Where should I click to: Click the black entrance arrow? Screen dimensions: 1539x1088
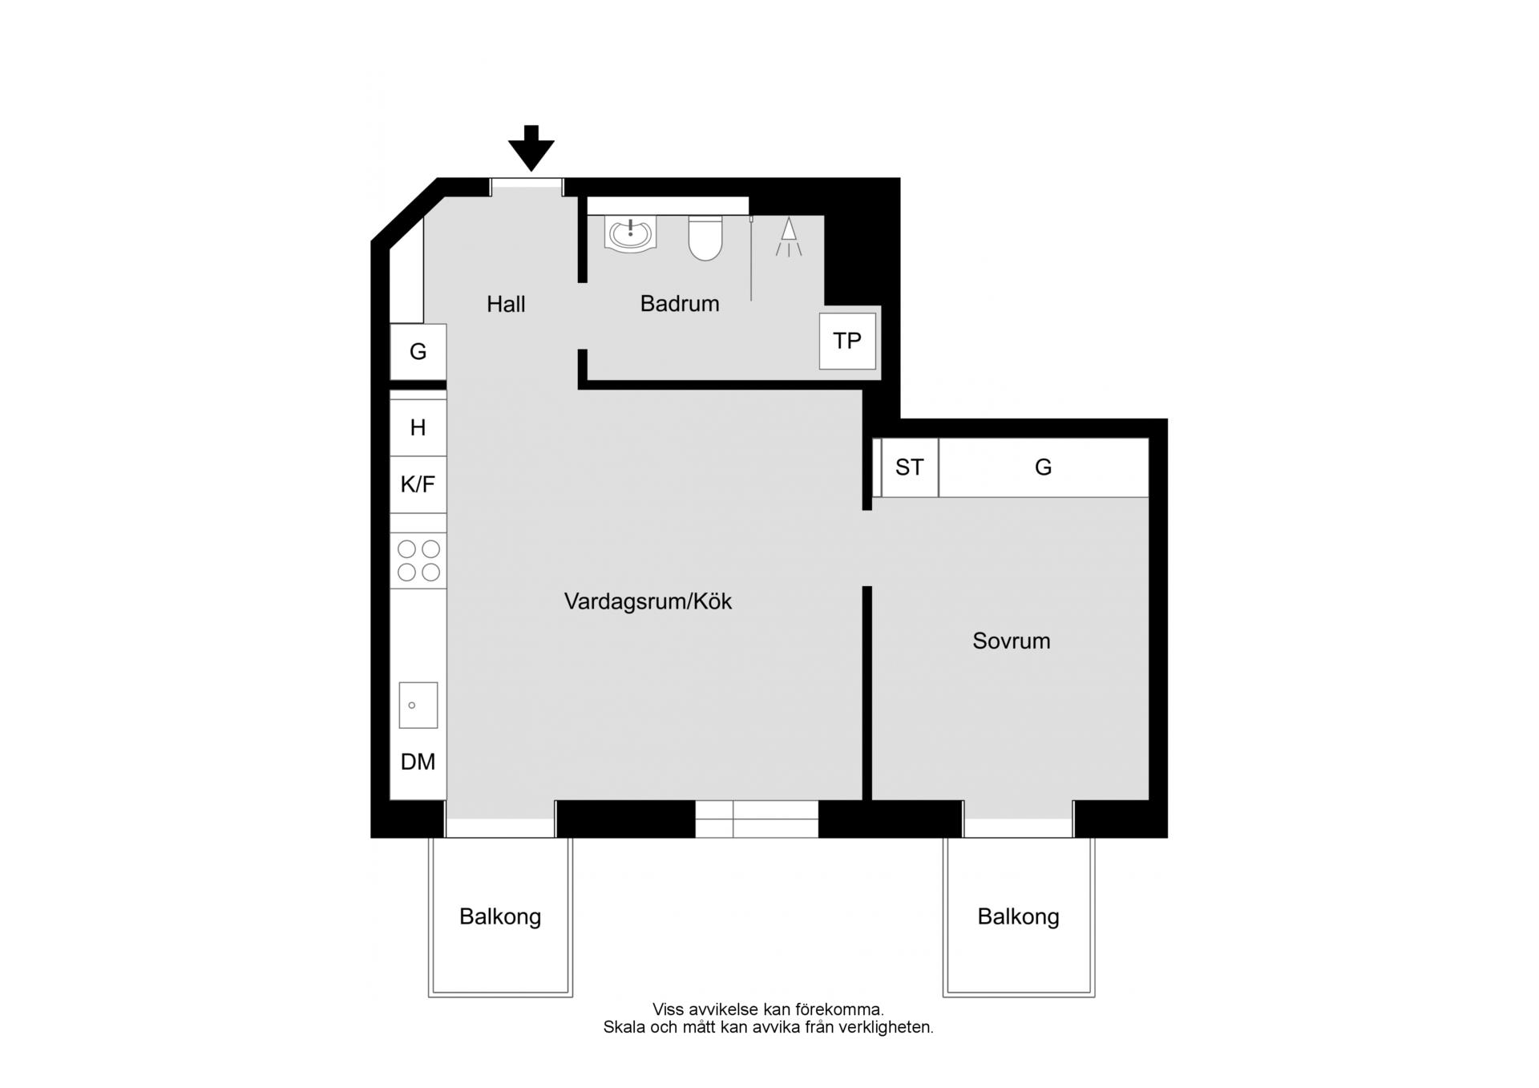tap(531, 148)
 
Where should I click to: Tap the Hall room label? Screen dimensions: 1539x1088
tap(506, 305)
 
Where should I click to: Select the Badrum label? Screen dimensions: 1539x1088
tap(680, 304)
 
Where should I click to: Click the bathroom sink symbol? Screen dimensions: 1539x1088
tap(632, 233)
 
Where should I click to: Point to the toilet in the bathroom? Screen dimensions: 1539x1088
tap(705, 238)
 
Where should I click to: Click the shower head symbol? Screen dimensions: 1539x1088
tap(789, 237)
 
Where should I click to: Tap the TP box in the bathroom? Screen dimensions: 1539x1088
tap(847, 342)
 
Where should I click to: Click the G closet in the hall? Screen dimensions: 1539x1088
tap(418, 351)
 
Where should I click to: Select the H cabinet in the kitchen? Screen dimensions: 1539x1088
tap(418, 427)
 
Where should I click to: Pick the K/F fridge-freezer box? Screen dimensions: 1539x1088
tap(418, 484)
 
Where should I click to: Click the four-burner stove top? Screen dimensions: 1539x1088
tap(418, 560)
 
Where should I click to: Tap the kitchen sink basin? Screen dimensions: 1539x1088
tap(418, 706)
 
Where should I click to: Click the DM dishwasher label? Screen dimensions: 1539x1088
tap(418, 762)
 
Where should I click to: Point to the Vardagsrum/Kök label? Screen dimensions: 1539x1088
tap(648, 601)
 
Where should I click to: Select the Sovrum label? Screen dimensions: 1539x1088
tap(1012, 641)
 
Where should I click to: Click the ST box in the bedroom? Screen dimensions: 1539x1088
tap(910, 467)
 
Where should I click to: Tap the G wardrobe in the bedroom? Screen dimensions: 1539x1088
tap(1044, 467)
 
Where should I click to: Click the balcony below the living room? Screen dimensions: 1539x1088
tap(500, 916)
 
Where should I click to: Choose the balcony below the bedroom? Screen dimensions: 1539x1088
tap(1019, 916)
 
